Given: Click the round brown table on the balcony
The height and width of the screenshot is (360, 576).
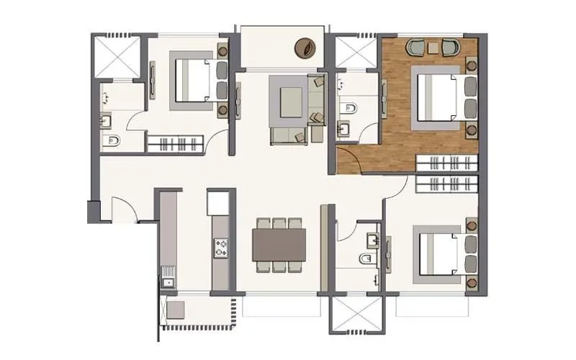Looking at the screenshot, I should point(304,49).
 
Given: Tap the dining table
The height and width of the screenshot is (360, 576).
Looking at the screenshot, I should point(279,245).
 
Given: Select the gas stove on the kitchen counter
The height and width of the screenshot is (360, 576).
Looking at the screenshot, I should point(220,248).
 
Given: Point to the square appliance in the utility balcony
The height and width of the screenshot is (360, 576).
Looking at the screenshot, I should point(176,309).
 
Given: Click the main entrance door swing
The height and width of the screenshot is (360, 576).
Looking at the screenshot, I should point(123,210).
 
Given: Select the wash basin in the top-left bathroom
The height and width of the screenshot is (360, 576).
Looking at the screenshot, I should point(105,120).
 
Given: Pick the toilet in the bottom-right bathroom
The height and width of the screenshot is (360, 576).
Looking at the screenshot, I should point(366,258).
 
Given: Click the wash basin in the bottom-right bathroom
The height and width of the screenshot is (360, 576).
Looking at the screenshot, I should point(372,238).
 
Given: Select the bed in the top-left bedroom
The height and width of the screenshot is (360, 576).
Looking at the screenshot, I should point(194,80).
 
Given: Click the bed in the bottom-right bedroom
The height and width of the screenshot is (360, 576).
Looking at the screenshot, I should point(437,254).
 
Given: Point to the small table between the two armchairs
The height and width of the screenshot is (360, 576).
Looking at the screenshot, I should point(434,48).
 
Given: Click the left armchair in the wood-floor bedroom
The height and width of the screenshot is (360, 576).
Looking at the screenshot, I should point(418,48).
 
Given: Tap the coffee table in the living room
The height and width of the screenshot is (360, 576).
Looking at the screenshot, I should point(290,101).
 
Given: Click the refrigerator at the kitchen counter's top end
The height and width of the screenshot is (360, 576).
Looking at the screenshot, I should point(217,203).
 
